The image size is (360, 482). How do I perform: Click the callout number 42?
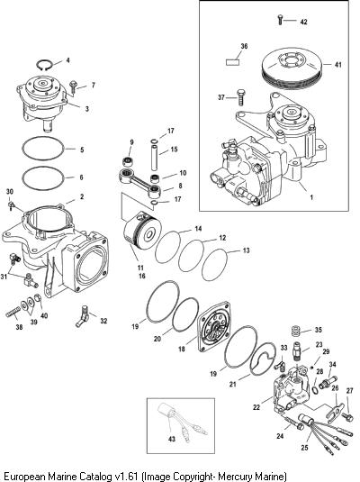click(x=303, y=22)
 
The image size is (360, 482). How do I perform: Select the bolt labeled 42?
click(x=280, y=19)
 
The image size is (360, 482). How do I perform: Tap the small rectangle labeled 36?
click(x=233, y=62)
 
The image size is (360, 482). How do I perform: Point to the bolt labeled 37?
click(x=240, y=97)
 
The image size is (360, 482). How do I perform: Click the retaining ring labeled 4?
click(x=44, y=65)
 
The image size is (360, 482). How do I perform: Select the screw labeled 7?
click(x=74, y=86)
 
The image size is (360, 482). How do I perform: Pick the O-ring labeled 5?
click(x=43, y=149)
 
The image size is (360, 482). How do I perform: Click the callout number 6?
click(x=81, y=177)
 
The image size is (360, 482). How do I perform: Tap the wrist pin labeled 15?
click(x=154, y=157)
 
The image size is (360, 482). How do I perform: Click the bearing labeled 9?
click(x=126, y=161)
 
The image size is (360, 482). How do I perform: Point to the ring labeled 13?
click(x=215, y=265)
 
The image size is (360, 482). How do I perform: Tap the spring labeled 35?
click(x=295, y=332)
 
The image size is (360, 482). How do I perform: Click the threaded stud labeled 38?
click(x=13, y=314)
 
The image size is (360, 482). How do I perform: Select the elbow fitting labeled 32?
click(x=83, y=316)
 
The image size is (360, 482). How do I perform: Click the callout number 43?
click(x=172, y=439)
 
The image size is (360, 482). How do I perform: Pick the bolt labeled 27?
click(x=348, y=417)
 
